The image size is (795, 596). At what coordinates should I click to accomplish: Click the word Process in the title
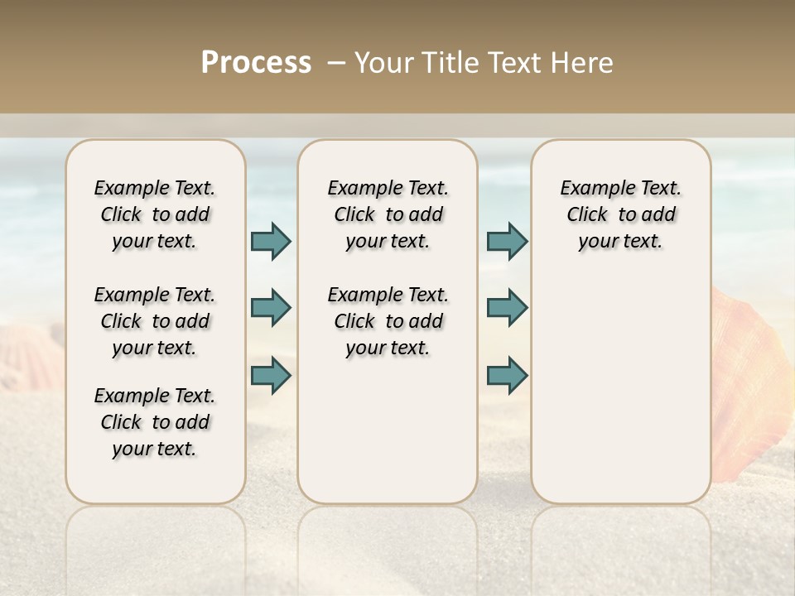(256, 63)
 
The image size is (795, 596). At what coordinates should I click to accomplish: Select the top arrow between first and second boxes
(271, 241)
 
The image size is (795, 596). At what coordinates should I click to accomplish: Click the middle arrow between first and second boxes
(271, 308)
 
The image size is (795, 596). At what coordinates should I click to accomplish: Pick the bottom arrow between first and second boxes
(271, 375)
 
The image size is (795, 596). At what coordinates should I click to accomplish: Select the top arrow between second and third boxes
(507, 241)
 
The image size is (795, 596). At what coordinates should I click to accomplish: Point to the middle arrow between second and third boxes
(507, 308)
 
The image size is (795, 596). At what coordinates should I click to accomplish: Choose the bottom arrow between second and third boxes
(507, 375)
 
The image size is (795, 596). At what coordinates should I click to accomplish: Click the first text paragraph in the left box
(155, 214)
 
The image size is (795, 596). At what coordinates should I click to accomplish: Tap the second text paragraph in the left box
(155, 321)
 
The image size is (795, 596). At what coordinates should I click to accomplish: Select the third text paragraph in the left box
(155, 422)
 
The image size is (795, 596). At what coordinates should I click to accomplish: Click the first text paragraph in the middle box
(388, 214)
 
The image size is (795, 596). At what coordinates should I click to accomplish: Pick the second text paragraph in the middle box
(388, 321)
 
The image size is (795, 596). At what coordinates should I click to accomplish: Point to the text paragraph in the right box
(620, 214)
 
